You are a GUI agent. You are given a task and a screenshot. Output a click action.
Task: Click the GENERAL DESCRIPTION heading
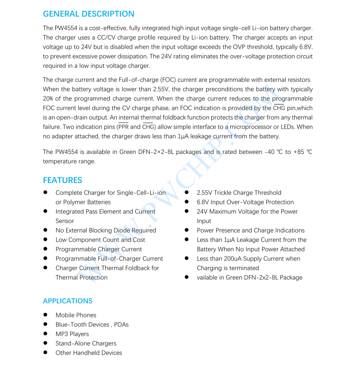(88, 14)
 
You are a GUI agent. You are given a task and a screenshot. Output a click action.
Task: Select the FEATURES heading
(62, 180)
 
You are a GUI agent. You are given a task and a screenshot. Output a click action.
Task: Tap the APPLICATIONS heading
(67, 301)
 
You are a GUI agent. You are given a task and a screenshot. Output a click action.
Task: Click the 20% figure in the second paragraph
(48, 99)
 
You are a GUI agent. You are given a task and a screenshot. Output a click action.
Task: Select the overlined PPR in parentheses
(123, 127)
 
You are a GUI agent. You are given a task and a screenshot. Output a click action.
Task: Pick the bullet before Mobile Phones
(45, 315)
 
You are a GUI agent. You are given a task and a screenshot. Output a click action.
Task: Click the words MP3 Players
(72, 334)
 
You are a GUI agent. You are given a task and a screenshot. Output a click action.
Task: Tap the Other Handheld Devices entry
(89, 353)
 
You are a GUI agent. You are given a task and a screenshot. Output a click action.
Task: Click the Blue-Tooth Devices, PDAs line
(92, 324)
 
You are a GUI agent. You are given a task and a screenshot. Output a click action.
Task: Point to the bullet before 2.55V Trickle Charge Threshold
(186, 193)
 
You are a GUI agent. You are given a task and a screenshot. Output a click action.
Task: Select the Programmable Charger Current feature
(98, 249)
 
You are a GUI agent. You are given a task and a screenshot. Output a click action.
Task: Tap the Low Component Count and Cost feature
(100, 240)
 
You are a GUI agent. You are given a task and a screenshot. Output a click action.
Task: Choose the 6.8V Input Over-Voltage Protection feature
(245, 202)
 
